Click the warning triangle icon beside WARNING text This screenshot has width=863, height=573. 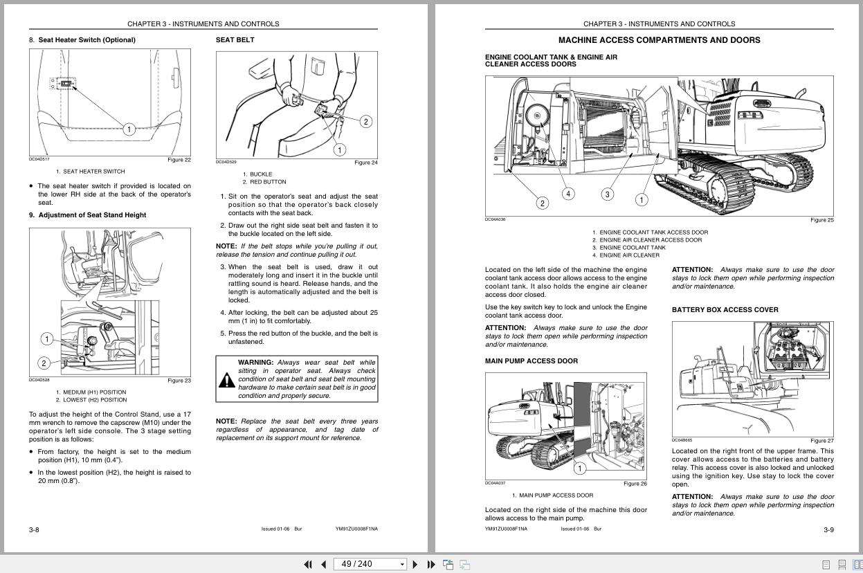pyautogui.click(x=227, y=380)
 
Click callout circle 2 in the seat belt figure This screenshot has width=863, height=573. pyautogui.click(x=365, y=122)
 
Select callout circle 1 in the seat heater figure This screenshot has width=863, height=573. pyautogui.click(x=129, y=129)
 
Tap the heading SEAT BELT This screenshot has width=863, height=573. pyautogui.click(x=235, y=40)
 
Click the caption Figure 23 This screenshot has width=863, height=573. pyautogui.click(x=179, y=381)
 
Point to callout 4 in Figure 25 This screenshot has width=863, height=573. pyautogui.click(x=568, y=194)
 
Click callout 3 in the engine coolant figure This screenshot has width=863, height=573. pyautogui.click(x=607, y=194)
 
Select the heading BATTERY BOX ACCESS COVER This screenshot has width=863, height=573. pyautogui.click(x=725, y=310)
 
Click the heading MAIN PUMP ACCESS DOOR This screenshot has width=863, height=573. pyautogui.click(x=531, y=361)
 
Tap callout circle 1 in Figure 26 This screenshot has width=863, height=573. pyautogui.click(x=580, y=469)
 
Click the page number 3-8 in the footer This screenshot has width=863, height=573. pyautogui.click(x=34, y=530)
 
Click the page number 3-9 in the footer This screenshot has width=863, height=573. pyautogui.click(x=828, y=530)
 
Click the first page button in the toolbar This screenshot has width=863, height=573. pyautogui.click(x=308, y=564)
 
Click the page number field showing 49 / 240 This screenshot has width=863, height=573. pyautogui.click(x=366, y=564)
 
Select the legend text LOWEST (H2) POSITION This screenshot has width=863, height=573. pyautogui.click(x=95, y=400)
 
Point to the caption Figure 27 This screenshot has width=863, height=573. pyautogui.click(x=821, y=441)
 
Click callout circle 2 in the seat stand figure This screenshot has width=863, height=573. pyautogui.click(x=44, y=363)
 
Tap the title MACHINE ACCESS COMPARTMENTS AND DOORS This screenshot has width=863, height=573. pyautogui.click(x=659, y=40)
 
